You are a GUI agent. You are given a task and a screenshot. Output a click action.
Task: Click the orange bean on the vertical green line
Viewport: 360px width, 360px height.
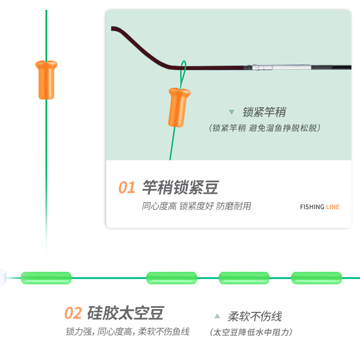[46, 80]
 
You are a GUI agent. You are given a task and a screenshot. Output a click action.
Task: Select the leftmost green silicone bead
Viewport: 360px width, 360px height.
[46, 278]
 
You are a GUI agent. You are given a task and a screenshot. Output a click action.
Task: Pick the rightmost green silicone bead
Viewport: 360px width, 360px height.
[316, 278]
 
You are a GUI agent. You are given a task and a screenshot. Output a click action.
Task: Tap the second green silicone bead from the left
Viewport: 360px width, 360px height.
[171, 278]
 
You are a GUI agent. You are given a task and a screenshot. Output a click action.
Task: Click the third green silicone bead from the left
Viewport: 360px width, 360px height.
[244, 278]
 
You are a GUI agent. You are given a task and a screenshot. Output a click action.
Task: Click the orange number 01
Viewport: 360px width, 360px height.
[127, 188]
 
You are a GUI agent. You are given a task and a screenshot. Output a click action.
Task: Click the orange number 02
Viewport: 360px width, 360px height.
[73, 313]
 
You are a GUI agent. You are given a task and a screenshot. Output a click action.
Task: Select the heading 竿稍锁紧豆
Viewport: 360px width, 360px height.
[180, 187]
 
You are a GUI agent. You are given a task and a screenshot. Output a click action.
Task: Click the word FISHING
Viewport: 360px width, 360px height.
[312, 207]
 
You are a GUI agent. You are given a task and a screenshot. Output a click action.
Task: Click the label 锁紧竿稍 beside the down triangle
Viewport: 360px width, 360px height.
[264, 112]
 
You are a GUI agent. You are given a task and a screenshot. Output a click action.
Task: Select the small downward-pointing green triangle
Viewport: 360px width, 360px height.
[232, 112]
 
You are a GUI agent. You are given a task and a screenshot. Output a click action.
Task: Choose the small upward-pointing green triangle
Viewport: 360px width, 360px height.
[217, 316]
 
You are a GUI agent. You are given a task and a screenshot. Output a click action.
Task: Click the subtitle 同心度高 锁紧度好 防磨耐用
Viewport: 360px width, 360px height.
[196, 206]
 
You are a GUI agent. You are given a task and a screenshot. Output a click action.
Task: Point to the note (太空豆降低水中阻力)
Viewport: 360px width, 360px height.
[252, 332]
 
